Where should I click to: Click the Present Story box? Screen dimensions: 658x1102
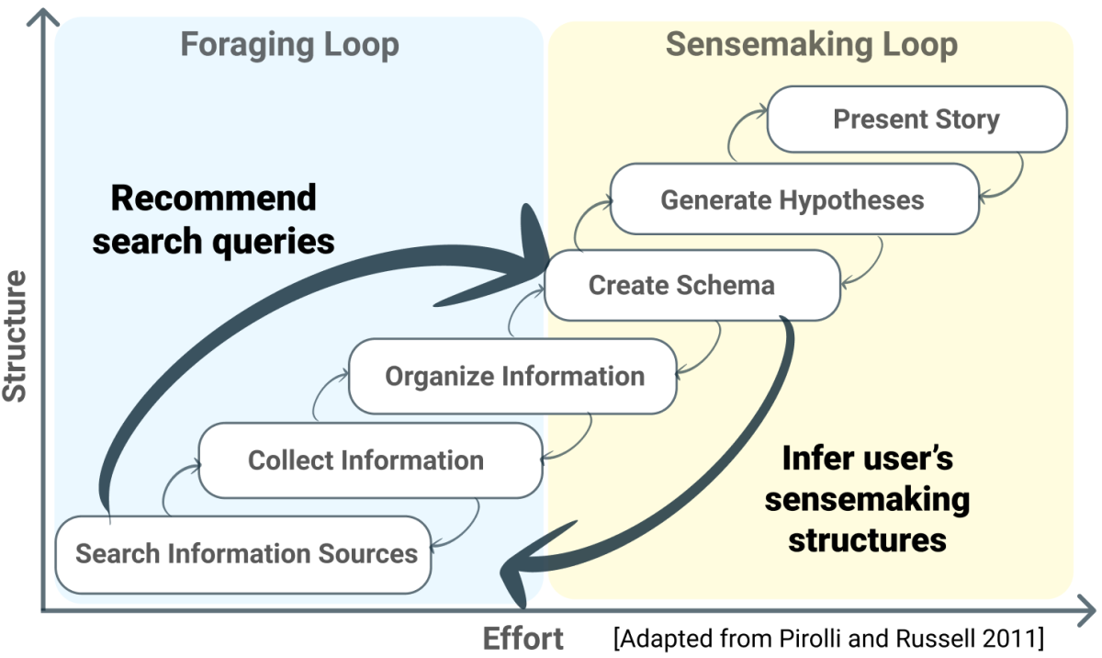[916, 119]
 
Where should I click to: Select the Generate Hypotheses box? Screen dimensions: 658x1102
[792, 199]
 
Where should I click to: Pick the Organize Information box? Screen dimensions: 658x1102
[513, 376]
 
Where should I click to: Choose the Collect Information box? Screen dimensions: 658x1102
[365, 459]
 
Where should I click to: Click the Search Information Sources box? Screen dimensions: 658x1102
[245, 554]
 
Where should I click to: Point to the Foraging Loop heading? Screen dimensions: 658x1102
[289, 45]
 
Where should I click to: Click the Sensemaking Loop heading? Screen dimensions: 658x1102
[811, 44]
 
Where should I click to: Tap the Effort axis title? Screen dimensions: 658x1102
[523, 638]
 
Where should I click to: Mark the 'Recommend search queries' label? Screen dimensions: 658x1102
[213, 220]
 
